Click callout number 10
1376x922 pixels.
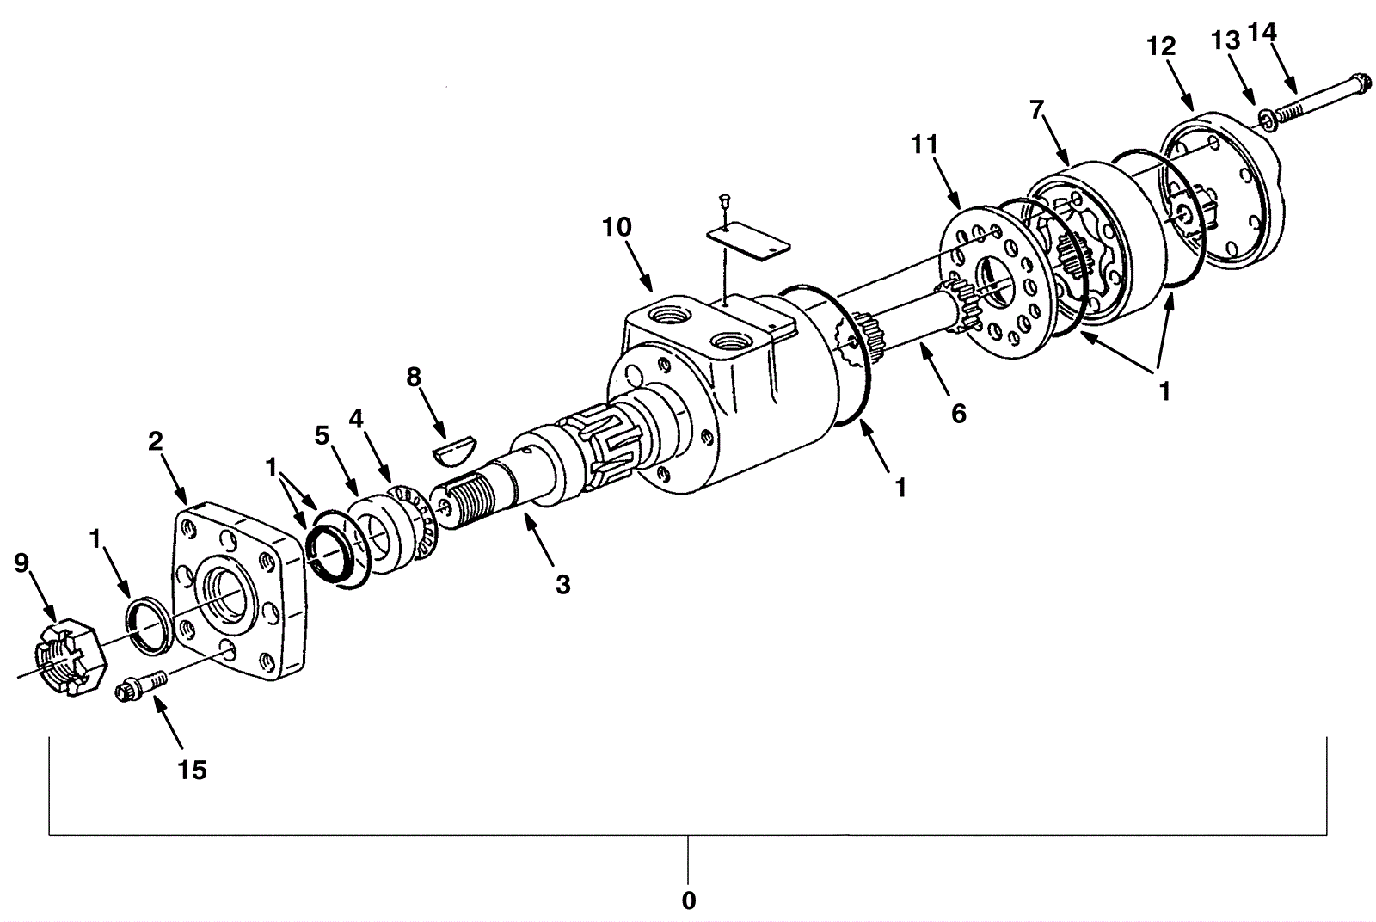617,227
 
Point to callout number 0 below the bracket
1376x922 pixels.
688,900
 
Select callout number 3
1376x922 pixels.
562,585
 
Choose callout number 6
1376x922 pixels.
958,414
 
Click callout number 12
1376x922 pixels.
1161,46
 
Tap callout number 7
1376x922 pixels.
1036,110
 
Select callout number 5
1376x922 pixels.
322,435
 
